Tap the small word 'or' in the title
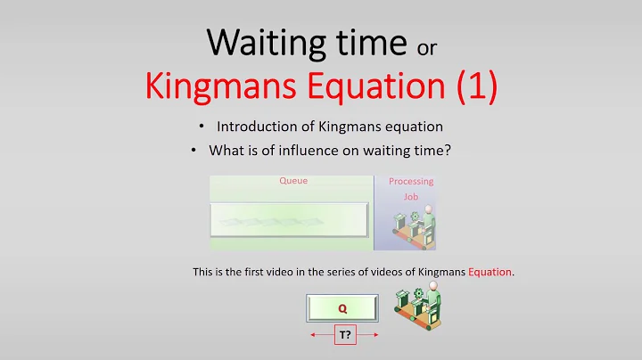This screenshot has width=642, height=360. tap(427, 45)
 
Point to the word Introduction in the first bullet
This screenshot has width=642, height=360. tap(255, 127)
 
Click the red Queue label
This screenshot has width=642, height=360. tap(293, 181)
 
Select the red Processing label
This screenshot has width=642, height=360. tap(411, 182)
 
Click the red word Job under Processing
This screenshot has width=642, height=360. tap(410, 197)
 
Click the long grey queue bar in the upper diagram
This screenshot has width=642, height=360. tap(289, 219)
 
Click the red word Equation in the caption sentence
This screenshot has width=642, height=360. tap(487, 272)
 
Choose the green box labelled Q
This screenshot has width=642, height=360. tap(342, 309)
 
